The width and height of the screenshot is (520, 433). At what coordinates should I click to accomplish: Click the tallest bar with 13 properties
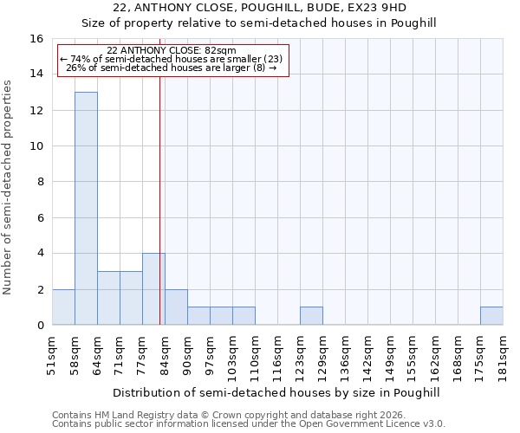[x=86, y=208]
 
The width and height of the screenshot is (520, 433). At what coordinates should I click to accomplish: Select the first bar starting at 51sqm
[x=63, y=307]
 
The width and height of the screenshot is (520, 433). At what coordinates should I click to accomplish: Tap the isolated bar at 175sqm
[x=491, y=316]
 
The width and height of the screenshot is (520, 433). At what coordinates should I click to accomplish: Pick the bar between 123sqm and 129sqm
[x=311, y=316]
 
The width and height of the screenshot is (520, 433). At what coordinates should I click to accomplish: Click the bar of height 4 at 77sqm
[x=153, y=289]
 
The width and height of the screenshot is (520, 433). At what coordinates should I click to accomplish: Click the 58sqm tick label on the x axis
[x=75, y=352]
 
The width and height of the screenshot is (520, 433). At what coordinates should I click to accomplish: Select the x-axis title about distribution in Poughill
[x=276, y=393]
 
